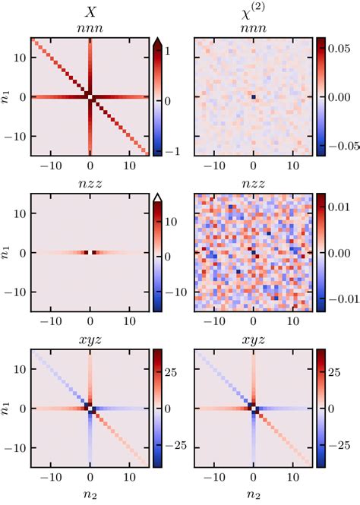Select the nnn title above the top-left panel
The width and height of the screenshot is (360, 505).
(90, 29)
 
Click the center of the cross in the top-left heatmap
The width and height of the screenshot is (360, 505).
(90, 97)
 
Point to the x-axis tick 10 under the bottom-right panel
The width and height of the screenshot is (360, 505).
(292, 478)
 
